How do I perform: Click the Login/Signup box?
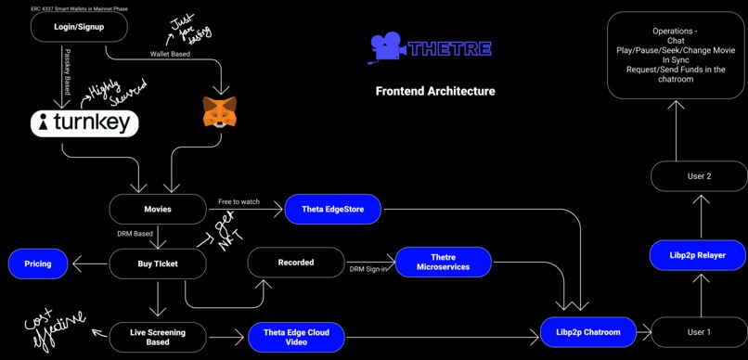[79, 28]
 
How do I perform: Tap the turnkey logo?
[84, 123]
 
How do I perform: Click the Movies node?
[158, 210]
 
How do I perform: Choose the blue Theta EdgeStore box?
[332, 210]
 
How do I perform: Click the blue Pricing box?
[39, 264]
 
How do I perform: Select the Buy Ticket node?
[158, 264]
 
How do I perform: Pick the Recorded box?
[296, 263]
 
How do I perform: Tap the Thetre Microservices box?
[444, 263]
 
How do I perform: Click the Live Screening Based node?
[158, 336]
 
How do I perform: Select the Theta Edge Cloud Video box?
[296, 336]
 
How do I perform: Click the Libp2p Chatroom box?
[588, 332]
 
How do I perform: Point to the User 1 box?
[699, 332]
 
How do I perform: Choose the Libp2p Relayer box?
[699, 254]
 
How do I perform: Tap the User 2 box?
[699, 176]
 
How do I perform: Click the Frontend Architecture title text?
[435, 91]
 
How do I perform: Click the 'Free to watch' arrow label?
[239, 201]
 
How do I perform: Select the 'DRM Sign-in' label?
[369, 269]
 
